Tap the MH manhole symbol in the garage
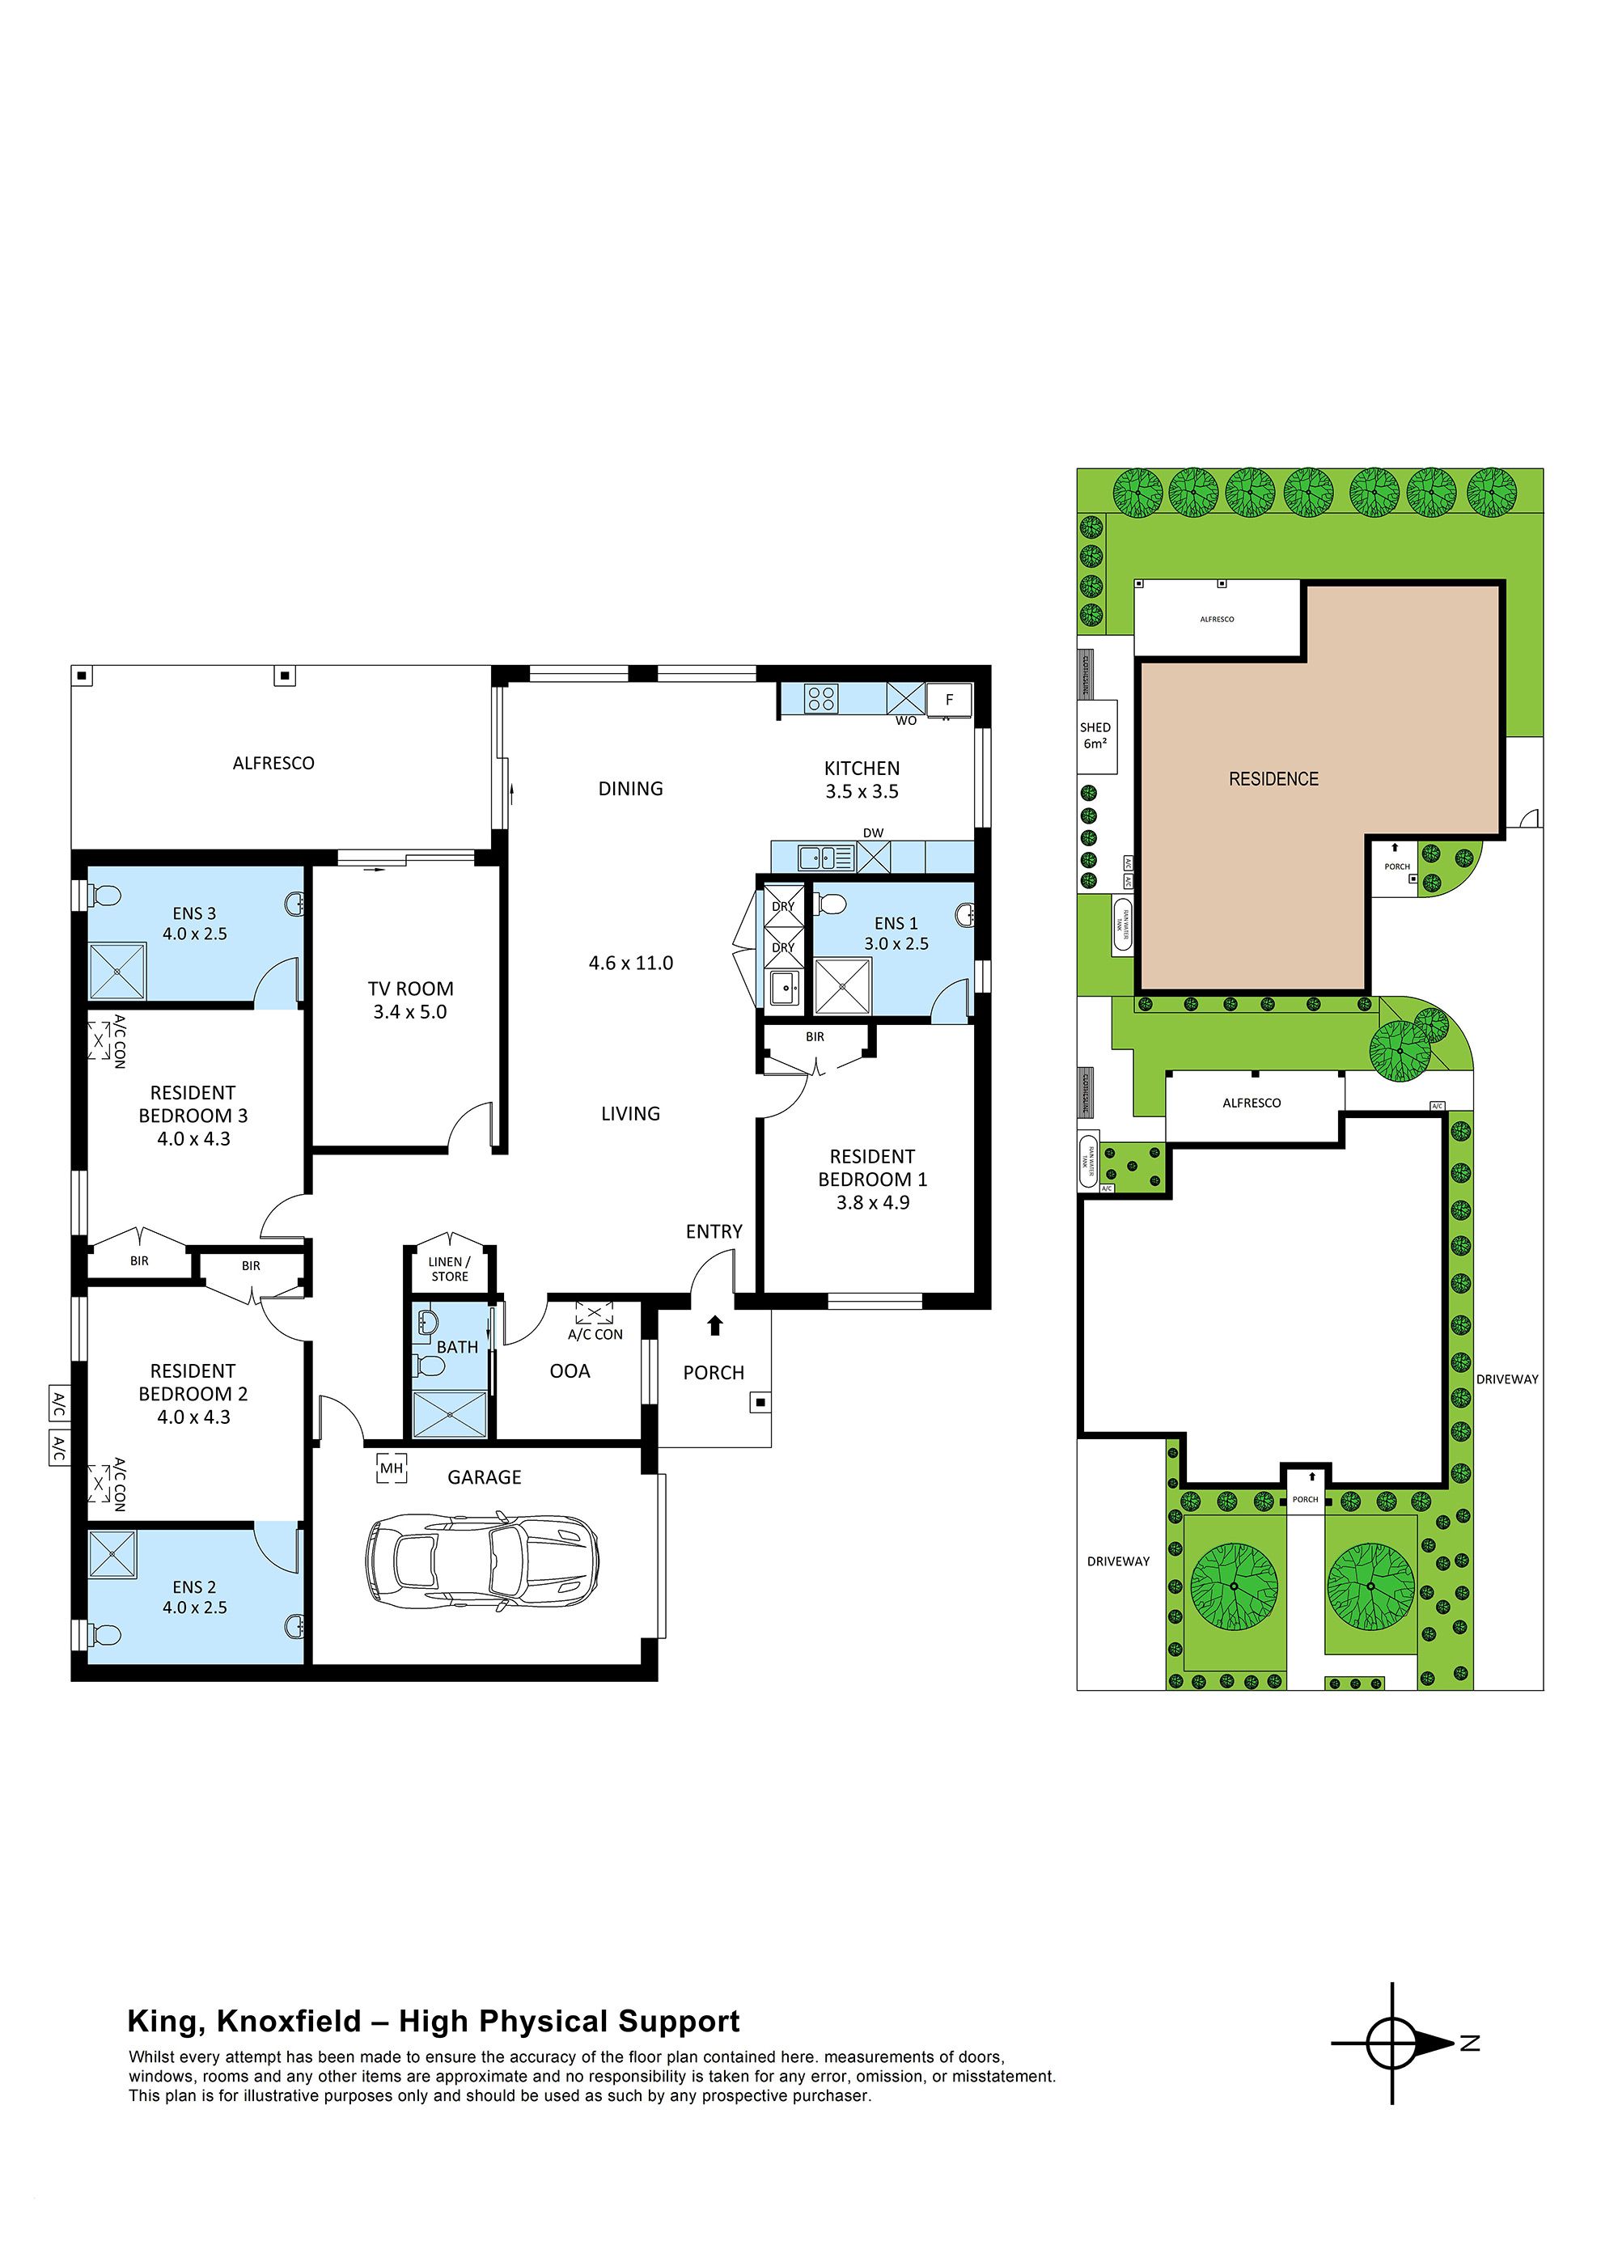pyautogui.click(x=392, y=1468)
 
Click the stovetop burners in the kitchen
pyautogui.click(x=822, y=698)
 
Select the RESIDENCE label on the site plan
pyautogui.click(x=1273, y=779)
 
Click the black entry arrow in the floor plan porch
pyautogui.click(x=714, y=1326)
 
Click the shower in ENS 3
pyautogui.click(x=117, y=971)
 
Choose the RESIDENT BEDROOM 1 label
pyautogui.click(x=873, y=1180)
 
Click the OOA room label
pyautogui.click(x=570, y=1371)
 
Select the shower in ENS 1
pyautogui.click(x=843, y=986)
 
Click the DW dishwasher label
pyautogui.click(x=873, y=832)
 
